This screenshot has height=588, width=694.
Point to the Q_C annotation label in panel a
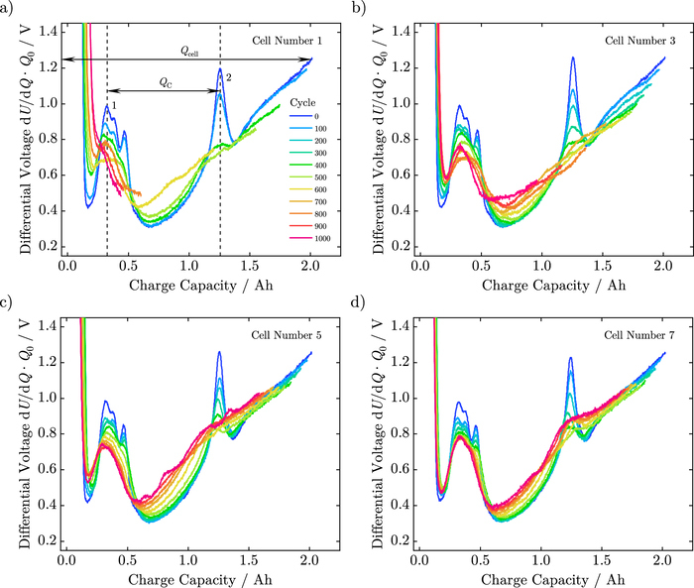click(164, 83)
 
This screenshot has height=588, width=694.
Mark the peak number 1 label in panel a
click(115, 105)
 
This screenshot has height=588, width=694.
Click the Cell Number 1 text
click(289, 42)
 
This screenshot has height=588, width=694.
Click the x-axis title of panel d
click(541, 579)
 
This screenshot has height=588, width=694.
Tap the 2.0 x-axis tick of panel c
click(311, 560)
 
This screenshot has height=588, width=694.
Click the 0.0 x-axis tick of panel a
click(66, 267)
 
